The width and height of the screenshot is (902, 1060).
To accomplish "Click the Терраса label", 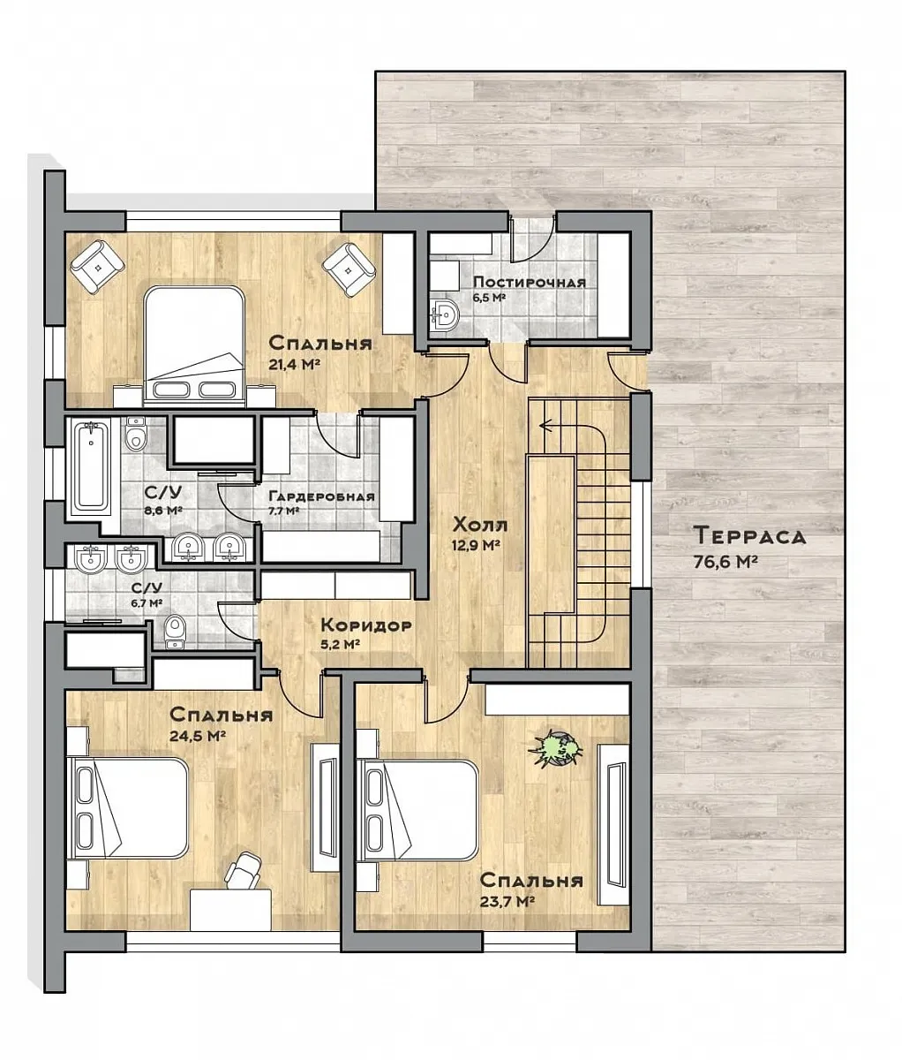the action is pos(750,536).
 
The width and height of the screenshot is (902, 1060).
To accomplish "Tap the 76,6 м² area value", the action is pos(725,562).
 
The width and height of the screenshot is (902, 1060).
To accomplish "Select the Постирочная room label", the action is pos(530,283).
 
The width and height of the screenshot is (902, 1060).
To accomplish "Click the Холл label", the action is pos(480,525).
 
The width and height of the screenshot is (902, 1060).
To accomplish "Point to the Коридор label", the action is pos(366,625).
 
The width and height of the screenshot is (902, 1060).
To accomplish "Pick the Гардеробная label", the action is pos(322,496).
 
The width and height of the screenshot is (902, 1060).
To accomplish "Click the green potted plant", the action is pos(555,749).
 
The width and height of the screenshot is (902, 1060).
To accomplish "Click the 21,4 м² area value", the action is pos(295,365).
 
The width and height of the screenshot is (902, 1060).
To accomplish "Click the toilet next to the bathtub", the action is pos(136,434).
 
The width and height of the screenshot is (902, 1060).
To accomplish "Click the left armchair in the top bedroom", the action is pos(98,267).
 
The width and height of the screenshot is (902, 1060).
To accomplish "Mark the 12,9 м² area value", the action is pos(476,545).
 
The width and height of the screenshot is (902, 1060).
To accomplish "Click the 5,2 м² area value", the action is pos(339,644).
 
